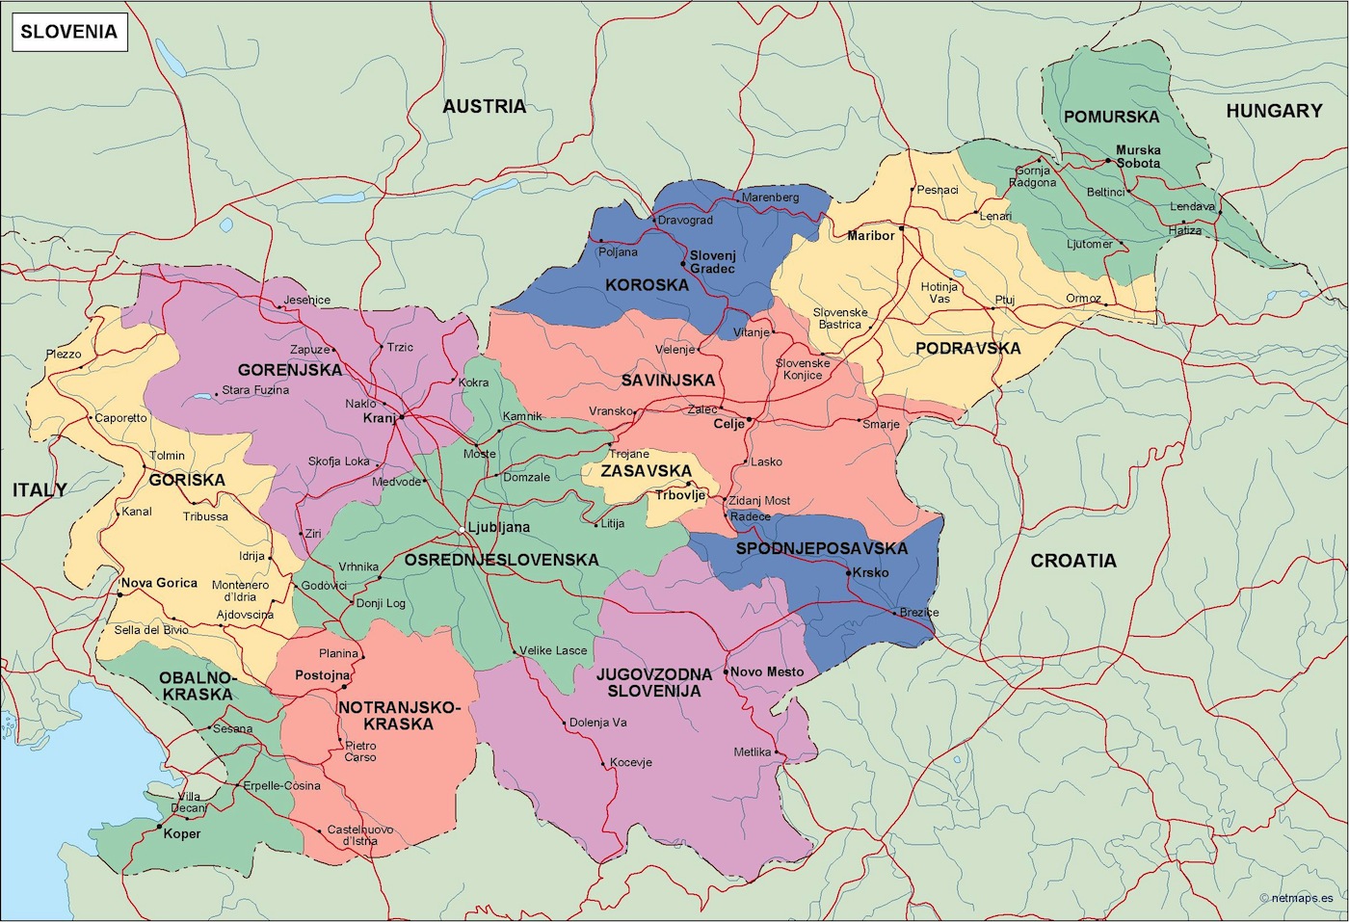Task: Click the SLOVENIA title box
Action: pyautogui.click(x=68, y=31)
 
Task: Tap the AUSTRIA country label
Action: pyautogui.click(x=484, y=106)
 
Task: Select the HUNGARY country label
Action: pyautogui.click(x=1273, y=111)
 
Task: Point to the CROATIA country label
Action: pyautogui.click(x=1072, y=561)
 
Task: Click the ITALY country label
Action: pyautogui.click(x=40, y=489)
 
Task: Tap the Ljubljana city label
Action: pyautogui.click(x=498, y=527)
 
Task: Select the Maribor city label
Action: pyautogui.click(x=870, y=235)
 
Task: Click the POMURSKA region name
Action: pyautogui.click(x=1111, y=117)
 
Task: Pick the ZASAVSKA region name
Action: pyautogui.click(x=646, y=471)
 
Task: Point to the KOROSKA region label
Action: pyautogui.click(x=647, y=285)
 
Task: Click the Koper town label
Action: pyautogui.click(x=181, y=833)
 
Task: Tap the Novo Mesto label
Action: pyautogui.click(x=767, y=672)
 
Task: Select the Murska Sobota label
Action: pyautogui.click(x=1138, y=156)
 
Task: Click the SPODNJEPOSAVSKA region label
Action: pyautogui.click(x=821, y=548)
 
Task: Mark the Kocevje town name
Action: pyautogui.click(x=631, y=762)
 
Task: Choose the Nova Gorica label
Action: pyautogui.click(x=159, y=583)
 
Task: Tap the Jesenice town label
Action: pyautogui.click(x=307, y=300)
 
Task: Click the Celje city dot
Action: pyautogui.click(x=750, y=421)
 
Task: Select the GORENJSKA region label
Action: pyautogui.click(x=289, y=370)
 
